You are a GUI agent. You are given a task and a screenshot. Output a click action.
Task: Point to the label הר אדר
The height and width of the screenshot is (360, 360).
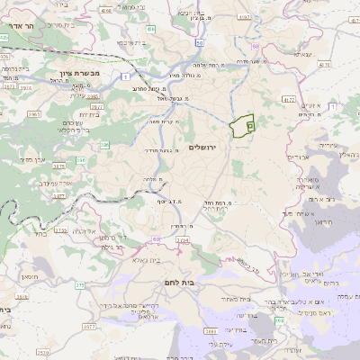click(x=18, y=26)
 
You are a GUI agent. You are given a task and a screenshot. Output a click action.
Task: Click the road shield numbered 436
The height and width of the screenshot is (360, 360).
click(x=152, y=30)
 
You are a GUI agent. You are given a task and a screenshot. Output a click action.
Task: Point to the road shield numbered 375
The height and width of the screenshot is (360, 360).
click(x=79, y=285)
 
